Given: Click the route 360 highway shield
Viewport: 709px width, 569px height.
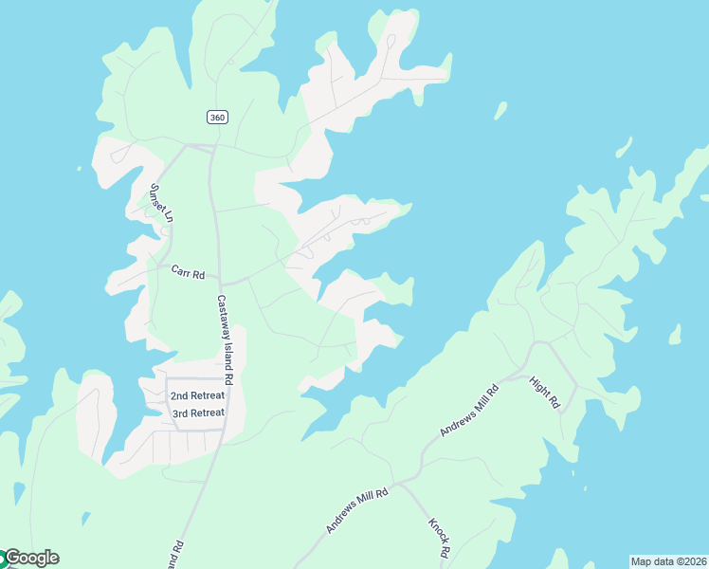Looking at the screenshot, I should point(217,117).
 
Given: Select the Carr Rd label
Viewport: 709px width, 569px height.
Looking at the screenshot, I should point(188,273).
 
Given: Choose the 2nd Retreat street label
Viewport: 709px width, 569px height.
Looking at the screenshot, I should point(197,395).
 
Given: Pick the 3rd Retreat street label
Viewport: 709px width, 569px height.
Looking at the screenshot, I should point(197,413).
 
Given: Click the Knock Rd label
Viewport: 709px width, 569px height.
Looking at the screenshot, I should point(439,537).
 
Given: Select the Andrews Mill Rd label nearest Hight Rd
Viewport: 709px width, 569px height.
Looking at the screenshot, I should point(469,411).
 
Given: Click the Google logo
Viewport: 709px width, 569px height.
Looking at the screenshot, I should point(31,558).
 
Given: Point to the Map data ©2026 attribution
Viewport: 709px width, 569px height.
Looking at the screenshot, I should point(668,561).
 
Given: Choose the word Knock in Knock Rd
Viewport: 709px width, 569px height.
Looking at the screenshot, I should point(436,531).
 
